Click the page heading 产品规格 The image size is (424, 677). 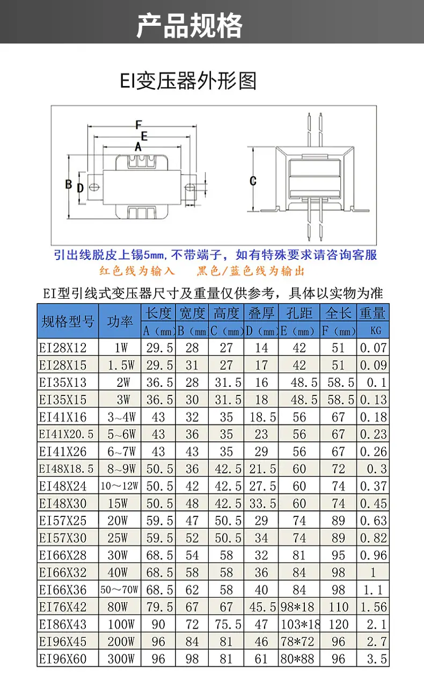[x=189, y=26]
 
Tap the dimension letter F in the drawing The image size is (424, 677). [x=138, y=125]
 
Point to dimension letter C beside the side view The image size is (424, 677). [x=253, y=181]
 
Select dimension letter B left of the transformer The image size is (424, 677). [x=69, y=184]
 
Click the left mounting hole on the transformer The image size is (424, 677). [x=94, y=188]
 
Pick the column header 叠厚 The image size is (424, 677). [x=261, y=313]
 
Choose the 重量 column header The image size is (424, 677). [x=372, y=313]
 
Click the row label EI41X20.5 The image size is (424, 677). [x=67, y=434]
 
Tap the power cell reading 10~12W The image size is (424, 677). [x=119, y=486]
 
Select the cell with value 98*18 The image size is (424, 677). [x=297, y=607]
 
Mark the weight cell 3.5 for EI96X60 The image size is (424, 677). [x=377, y=659]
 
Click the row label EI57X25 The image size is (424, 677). [x=63, y=521]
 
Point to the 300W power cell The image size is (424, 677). [x=121, y=659]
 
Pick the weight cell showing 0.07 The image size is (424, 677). [x=373, y=348]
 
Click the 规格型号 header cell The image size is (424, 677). [x=68, y=321]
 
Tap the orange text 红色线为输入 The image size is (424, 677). [x=137, y=271]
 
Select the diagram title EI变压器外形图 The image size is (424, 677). [x=188, y=81]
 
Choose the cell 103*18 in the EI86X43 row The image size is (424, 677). [x=300, y=624]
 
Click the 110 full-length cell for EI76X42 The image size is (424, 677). [x=338, y=607]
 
